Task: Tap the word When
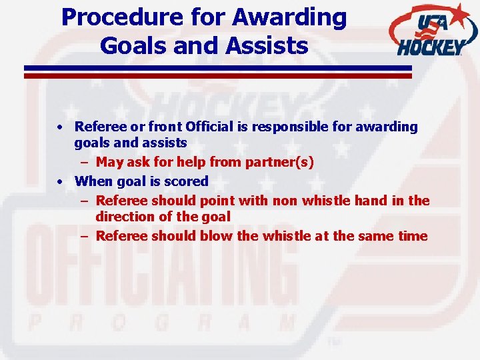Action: click(x=94, y=181)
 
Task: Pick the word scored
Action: click(x=186, y=181)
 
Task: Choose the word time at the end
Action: click(x=411, y=236)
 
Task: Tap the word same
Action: click(x=371, y=236)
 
